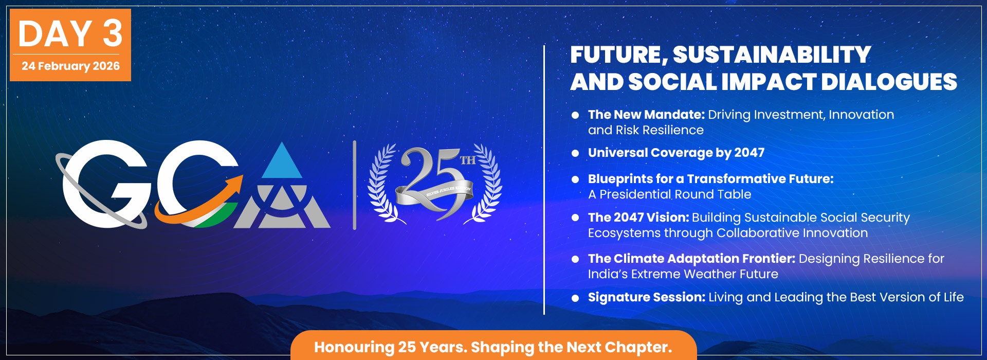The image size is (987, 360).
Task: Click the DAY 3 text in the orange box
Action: pos(70,34)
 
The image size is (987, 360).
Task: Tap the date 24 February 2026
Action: pos(70,66)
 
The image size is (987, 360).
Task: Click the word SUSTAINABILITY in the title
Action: pos(772,55)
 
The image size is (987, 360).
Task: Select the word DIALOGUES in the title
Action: pos(889,82)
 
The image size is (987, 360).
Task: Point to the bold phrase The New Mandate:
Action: pos(646,115)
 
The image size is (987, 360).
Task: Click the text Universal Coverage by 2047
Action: pos(676,153)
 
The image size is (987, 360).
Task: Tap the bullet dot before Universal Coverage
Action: pos(575,153)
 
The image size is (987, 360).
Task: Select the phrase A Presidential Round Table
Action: pos(669,194)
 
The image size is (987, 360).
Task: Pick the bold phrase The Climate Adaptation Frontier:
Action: pos(691,259)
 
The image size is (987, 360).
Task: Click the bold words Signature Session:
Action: pos(646,297)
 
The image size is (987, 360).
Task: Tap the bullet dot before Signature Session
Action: pos(575,298)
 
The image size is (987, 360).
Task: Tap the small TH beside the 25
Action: pos(467,160)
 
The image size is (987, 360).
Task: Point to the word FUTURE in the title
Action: pos(616,55)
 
